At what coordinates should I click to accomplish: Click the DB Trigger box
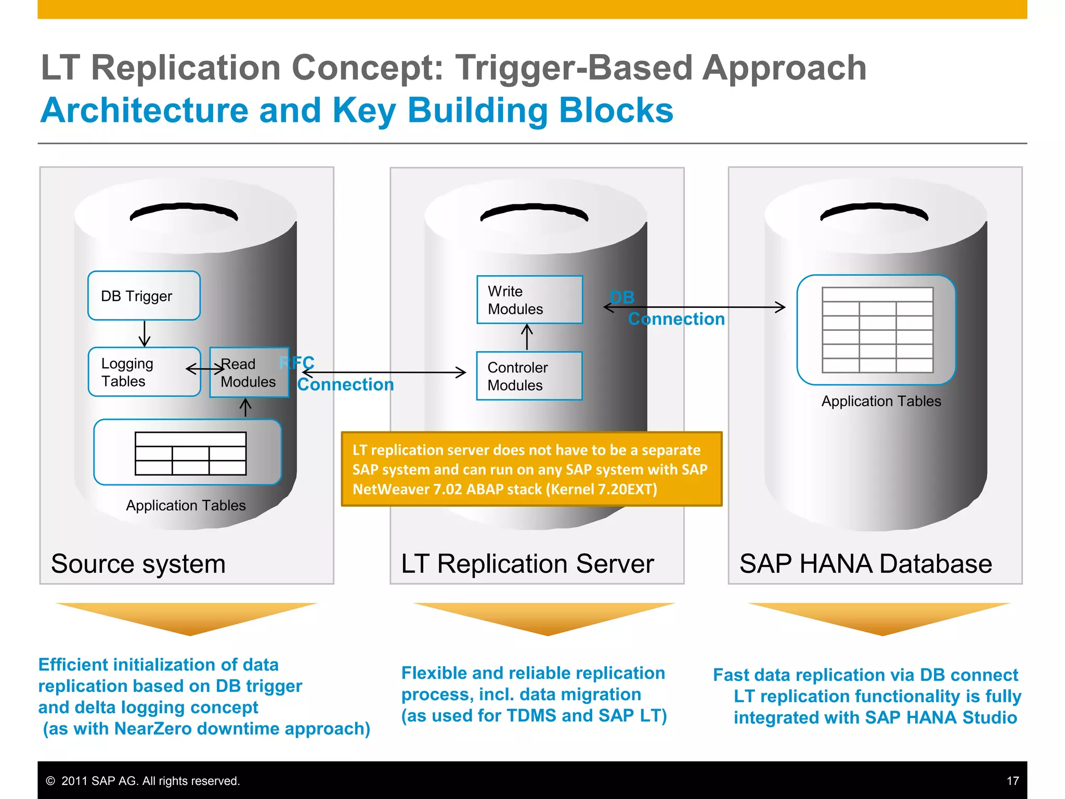(144, 295)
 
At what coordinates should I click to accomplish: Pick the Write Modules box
(529, 300)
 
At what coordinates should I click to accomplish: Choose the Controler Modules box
(529, 376)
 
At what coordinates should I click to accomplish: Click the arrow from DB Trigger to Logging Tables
(145, 333)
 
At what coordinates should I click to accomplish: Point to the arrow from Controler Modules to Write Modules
(527, 337)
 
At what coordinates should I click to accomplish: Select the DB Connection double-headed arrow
(694, 307)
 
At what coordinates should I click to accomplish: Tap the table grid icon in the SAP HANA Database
(877, 330)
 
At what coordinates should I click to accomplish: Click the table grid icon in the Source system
(190, 453)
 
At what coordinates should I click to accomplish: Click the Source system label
(138, 564)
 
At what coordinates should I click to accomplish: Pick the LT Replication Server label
(527, 564)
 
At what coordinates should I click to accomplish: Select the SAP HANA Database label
(865, 564)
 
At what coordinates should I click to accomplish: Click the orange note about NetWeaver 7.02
(531, 469)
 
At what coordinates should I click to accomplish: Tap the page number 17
(1012, 781)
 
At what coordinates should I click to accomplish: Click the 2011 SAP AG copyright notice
(143, 781)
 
